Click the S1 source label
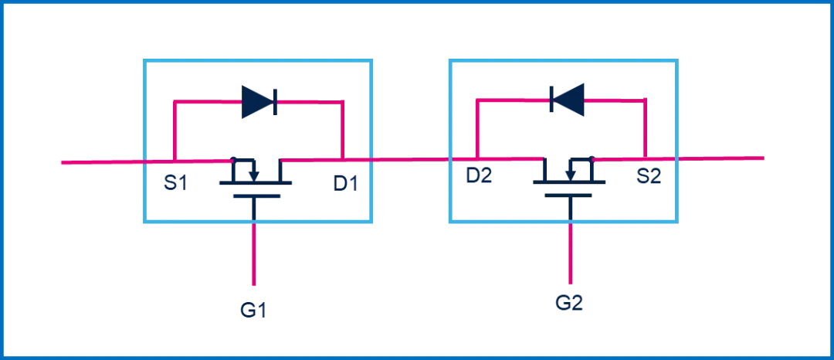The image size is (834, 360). click(x=176, y=183)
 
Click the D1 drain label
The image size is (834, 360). click(x=346, y=183)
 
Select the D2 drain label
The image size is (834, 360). click(x=479, y=176)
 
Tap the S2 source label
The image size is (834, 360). click(x=649, y=176)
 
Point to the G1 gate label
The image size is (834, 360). click(x=253, y=311)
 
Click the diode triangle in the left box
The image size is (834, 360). click(x=257, y=101)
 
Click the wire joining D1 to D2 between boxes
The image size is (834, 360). click(x=410, y=159)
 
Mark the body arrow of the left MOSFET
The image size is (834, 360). click(x=253, y=171)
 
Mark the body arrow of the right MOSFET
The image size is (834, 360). click(x=570, y=171)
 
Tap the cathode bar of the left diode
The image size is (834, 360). click(x=276, y=101)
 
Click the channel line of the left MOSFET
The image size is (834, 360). click(x=256, y=183)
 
